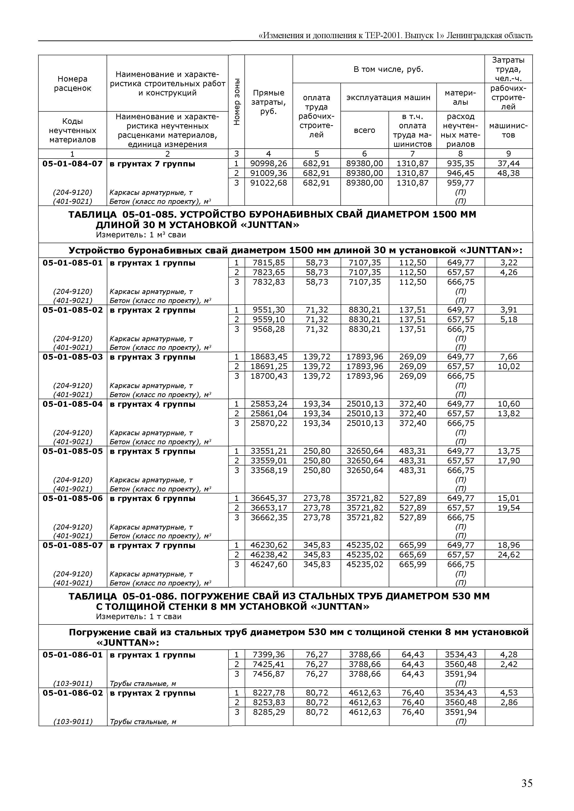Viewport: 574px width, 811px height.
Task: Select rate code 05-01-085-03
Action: (72, 357)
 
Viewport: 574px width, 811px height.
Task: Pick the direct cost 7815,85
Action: (269, 263)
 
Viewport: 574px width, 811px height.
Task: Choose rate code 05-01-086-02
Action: (72, 693)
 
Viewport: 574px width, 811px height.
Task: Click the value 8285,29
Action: (269, 712)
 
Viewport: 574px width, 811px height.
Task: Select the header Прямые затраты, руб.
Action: (269, 102)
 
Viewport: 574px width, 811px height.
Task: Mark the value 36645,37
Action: (269, 498)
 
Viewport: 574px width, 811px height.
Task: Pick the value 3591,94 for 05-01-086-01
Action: (460, 674)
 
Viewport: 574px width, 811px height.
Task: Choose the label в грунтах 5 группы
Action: (152, 451)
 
